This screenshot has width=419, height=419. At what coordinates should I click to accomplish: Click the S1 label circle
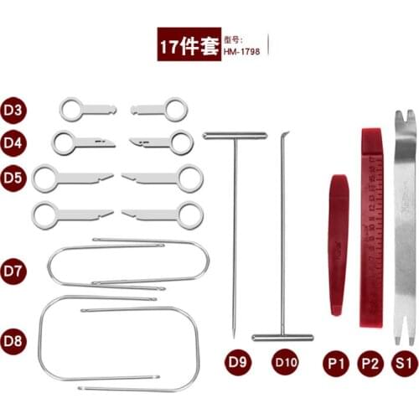(x=404, y=363)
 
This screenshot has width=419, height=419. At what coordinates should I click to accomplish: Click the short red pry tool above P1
(x=337, y=243)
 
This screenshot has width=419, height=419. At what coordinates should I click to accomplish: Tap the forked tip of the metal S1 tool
(x=404, y=116)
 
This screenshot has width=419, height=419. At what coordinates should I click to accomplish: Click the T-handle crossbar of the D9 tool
(x=234, y=135)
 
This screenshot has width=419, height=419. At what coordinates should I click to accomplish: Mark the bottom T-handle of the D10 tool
(x=282, y=337)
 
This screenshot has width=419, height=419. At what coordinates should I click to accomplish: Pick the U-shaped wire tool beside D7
(x=126, y=264)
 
